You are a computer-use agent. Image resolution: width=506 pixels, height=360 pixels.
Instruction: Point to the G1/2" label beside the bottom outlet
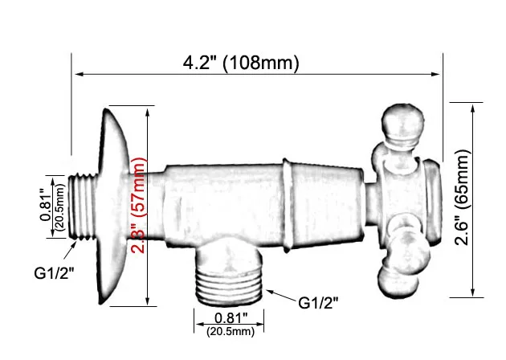click(319, 303)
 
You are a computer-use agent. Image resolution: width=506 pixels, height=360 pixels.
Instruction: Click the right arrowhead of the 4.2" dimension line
click(439, 75)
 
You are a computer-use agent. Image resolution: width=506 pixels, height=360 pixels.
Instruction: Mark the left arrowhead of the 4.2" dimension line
click(79, 75)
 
